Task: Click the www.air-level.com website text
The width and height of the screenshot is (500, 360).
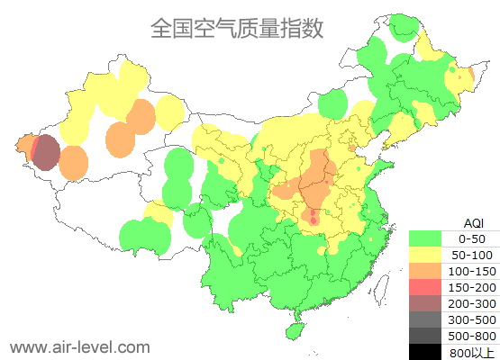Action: click(x=79, y=346)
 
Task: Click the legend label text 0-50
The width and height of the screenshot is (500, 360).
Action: click(x=472, y=239)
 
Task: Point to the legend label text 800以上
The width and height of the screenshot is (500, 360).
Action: click(x=472, y=352)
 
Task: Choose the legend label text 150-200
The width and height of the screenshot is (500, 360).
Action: click(x=472, y=287)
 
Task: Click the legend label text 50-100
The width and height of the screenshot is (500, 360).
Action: click(x=472, y=256)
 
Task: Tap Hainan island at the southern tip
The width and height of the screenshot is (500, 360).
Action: click(x=293, y=330)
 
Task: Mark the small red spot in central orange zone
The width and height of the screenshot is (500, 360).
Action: click(x=314, y=219)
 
